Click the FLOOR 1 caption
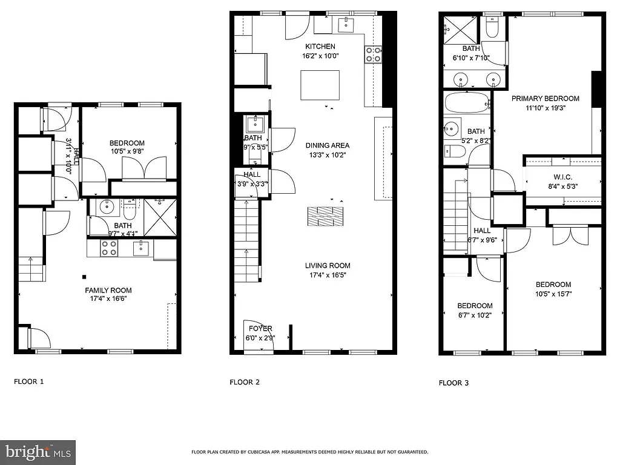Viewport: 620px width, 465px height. coord(29,382)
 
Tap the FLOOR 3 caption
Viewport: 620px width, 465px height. coord(453,383)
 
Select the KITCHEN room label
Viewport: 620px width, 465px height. coord(320,47)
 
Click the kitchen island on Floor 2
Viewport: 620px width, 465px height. coord(320,85)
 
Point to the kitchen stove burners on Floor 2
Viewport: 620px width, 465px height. coord(374,54)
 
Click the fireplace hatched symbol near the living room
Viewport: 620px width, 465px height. coord(325,217)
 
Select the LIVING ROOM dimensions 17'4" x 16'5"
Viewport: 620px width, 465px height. coord(328,275)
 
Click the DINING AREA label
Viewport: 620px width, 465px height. coord(328,145)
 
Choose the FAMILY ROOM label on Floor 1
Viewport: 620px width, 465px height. coord(108,290)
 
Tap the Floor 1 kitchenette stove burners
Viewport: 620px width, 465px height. coord(108,248)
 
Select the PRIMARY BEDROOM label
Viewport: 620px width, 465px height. coord(545,99)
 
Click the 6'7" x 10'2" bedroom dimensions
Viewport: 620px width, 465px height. coord(475,315)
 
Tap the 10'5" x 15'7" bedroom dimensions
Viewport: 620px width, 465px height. coord(553,294)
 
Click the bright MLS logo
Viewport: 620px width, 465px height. coord(38,451)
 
